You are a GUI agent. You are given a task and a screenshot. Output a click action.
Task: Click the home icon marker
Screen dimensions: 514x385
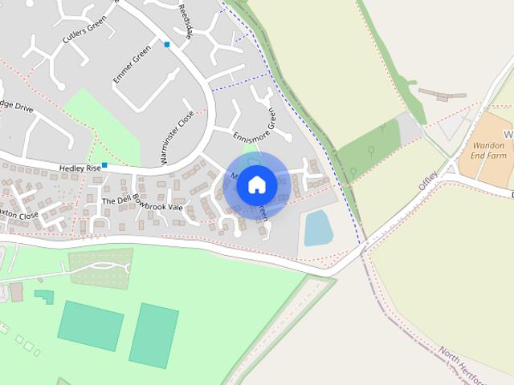(256, 185)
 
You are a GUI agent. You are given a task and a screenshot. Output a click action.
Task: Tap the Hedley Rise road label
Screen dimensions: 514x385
(80, 168)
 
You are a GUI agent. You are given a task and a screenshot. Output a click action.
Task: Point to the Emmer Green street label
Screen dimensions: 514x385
(133, 65)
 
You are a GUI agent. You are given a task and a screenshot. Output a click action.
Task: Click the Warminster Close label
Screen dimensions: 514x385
(177, 138)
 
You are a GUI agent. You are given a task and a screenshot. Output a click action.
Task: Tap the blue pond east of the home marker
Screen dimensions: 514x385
(319, 229)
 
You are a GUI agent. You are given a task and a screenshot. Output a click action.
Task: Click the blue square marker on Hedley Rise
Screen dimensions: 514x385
(104, 165)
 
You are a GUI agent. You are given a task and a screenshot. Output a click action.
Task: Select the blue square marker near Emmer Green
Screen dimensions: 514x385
(167, 44)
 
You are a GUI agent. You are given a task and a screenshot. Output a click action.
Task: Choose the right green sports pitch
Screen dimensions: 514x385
(153, 334)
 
